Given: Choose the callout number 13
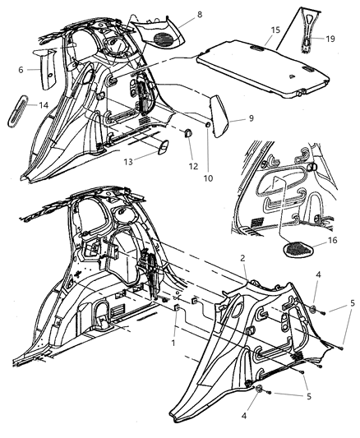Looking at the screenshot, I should pos(127,162).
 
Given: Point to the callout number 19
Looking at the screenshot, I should pos(329,38).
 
